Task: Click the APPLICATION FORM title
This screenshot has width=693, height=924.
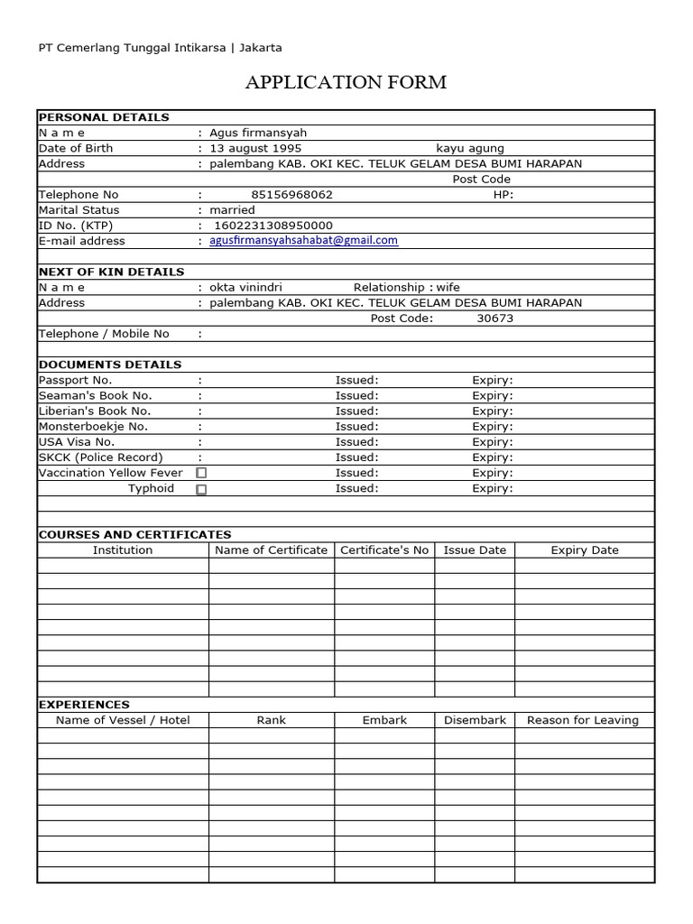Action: (346, 83)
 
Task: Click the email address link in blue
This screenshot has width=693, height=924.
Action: (303, 241)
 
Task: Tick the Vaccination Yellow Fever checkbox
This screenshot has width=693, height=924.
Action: (201, 473)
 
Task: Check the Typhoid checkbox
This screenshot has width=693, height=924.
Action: (201, 489)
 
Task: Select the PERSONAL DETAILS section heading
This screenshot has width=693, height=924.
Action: (104, 117)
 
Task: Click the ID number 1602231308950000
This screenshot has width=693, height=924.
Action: (273, 226)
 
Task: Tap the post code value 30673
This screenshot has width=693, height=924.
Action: (494, 319)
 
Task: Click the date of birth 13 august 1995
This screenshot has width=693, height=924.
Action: (255, 148)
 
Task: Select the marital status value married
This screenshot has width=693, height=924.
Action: (232, 210)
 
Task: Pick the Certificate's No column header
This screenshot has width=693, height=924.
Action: (384, 550)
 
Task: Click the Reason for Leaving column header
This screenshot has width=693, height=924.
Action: (582, 721)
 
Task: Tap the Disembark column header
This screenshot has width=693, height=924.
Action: (475, 721)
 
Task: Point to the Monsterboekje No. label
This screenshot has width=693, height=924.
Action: (93, 427)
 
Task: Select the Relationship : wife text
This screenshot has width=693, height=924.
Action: (406, 288)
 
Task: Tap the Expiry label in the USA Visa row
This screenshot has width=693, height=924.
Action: (492, 442)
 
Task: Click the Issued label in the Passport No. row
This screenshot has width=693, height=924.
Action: (356, 381)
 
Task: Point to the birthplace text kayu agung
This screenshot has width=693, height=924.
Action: (470, 148)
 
